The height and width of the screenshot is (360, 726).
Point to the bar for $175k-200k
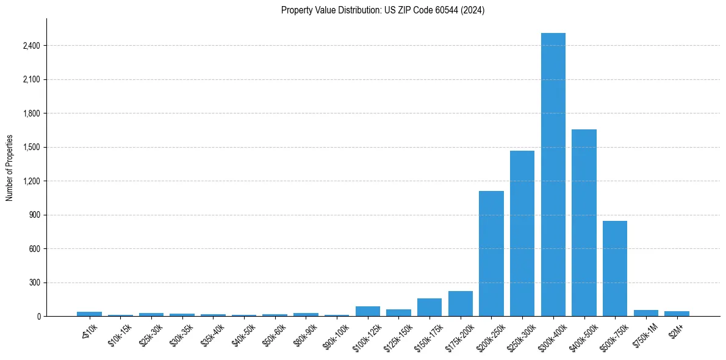(x=460, y=304)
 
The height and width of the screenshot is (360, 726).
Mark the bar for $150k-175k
(x=429, y=308)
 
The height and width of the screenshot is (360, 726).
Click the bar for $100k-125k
(x=368, y=311)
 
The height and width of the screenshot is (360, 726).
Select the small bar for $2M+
(x=677, y=314)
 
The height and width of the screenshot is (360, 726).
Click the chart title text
(x=383, y=10)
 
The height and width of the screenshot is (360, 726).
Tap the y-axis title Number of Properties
(x=10, y=168)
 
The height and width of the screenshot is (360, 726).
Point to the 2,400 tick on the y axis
(x=32, y=46)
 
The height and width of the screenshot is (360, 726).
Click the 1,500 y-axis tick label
(x=32, y=147)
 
